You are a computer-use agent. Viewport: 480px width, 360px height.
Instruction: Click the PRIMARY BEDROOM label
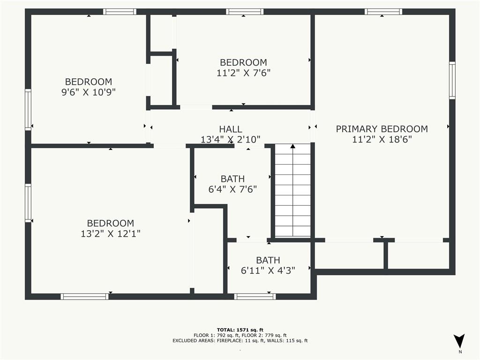point(382,129)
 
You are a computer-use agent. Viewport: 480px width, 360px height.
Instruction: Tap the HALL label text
point(231,129)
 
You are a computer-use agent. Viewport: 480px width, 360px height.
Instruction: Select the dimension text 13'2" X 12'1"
point(111,233)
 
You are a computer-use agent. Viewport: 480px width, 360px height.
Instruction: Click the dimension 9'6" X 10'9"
point(88,92)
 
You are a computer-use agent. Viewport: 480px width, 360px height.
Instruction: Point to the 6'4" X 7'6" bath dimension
point(232,189)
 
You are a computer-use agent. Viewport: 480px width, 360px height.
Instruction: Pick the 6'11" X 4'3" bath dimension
point(268,270)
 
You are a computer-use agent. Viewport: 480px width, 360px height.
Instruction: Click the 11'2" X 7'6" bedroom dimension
point(243,73)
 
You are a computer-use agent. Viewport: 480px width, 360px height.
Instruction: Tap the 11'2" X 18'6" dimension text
point(382,139)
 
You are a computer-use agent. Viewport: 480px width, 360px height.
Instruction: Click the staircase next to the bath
point(292,192)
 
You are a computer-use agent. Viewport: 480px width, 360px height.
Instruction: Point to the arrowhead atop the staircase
point(292,146)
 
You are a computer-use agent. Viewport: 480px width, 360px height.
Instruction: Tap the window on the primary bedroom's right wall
point(452,80)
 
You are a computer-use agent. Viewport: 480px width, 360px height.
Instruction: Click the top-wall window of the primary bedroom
point(383,12)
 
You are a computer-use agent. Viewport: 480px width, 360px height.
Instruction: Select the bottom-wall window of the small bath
point(255,296)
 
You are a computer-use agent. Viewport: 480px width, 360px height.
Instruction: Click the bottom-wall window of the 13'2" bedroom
point(84,296)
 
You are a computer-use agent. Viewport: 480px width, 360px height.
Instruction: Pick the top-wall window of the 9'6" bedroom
point(120,12)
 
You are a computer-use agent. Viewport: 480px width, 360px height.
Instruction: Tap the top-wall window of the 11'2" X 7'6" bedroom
point(244,12)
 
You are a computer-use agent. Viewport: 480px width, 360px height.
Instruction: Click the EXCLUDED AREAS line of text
point(240,341)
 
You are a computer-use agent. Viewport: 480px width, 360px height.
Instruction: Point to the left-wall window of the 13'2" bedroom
point(28,203)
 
